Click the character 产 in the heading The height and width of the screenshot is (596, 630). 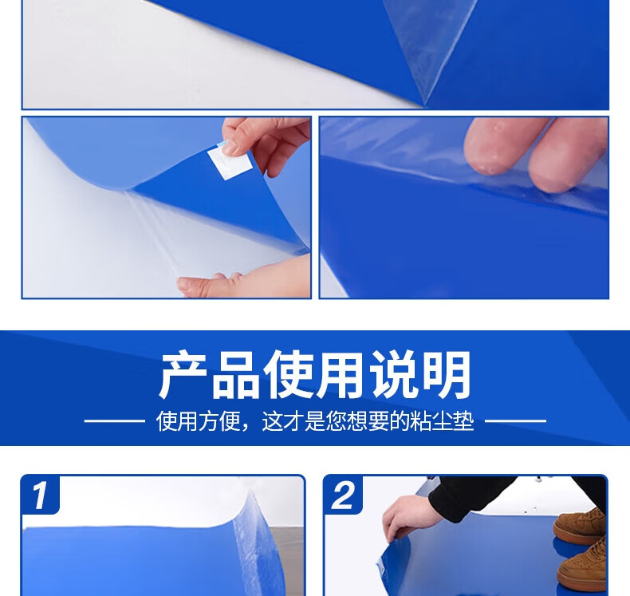pos(184,374)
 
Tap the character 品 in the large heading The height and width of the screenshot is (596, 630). pos(237,374)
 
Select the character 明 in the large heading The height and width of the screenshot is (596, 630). pos(447,374)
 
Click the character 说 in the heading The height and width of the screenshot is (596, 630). pos(395,374)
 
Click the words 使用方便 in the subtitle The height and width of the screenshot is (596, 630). pos(198,421)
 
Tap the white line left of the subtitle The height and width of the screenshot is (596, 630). pos(115,421)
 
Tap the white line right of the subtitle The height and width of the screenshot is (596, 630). pos(515,421)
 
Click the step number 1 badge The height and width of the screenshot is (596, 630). pos(41,495)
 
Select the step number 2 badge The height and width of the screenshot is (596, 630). pos(343,495)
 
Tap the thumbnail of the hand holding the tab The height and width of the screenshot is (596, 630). pos(230,148)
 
